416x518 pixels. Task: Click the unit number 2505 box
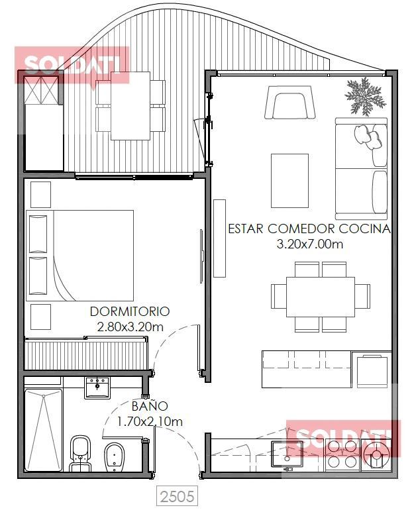(x=177, y=496)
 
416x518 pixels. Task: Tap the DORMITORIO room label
(x=130, y=311)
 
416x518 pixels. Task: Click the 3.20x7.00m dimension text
(x=309, y=244)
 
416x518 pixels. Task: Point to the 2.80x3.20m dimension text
(x=130, y=327)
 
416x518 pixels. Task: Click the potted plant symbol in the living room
(x=365, y=97)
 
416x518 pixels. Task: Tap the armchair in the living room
(x=289, y=103)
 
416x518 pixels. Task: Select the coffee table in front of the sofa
(x=289, y=181)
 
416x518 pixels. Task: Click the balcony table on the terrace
(x=130, y=106)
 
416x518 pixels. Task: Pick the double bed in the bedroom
(x=80, y=256)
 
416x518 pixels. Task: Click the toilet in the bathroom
(x=80, y=454)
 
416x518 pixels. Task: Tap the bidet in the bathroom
(x=115, y=456)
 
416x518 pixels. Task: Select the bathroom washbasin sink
(x=97, y=388)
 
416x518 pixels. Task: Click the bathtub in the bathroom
(x=43, y=430)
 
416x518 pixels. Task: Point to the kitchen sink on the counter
(x=287, y=454)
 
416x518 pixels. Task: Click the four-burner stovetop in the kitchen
(x=342, y=454)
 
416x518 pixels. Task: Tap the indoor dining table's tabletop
(x=321, y=297)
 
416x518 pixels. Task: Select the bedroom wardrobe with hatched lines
(x=87, y=354)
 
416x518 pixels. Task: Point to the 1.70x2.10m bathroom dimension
(x=150, y=422)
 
